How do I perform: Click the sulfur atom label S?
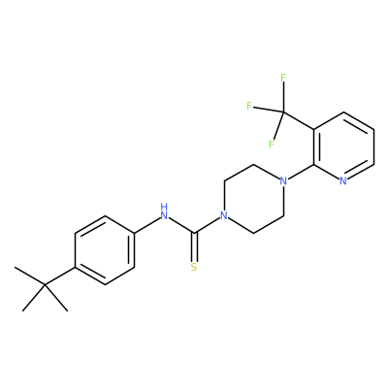[194, 268]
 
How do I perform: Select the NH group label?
[164, 211]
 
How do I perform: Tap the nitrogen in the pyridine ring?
[343, 181]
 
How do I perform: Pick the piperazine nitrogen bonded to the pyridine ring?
[283, 181]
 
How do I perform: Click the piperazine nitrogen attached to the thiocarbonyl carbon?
[223, 215]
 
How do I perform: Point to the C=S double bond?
[194, 247]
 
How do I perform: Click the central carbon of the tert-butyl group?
[45, 285]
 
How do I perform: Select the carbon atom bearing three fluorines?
[283, 113]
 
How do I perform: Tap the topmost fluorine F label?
[283, 78]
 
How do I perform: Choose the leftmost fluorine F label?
[249, 106]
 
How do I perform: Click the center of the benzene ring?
[105, 250]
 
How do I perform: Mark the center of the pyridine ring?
[343, 146]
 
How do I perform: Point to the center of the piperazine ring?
[253, 198]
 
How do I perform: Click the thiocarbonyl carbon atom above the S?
[194, 233]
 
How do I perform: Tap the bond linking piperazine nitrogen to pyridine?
[301, 172]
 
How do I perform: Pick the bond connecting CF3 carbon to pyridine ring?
[299, 121]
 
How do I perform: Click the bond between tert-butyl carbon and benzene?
[60, 276]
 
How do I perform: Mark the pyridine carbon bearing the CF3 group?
[313, 129]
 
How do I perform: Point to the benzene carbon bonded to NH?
[134, 233]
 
